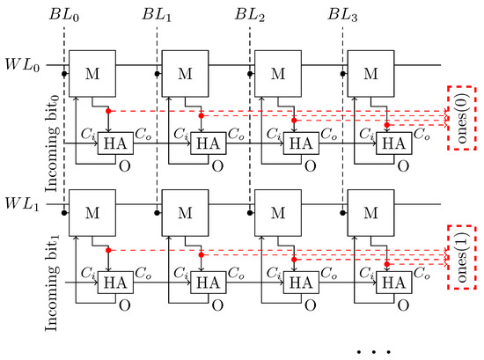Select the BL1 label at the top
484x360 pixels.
[x=157, y=15]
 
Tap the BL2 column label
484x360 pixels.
[x=249, y=15]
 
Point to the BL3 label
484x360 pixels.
[x=341, y=15]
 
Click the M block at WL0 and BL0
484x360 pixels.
[x=92, y=71]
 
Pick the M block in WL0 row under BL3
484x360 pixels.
[x=370, y=71]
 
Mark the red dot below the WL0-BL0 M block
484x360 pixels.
[x=108, y=110]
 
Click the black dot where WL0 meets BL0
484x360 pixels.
[x=64, y=65]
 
